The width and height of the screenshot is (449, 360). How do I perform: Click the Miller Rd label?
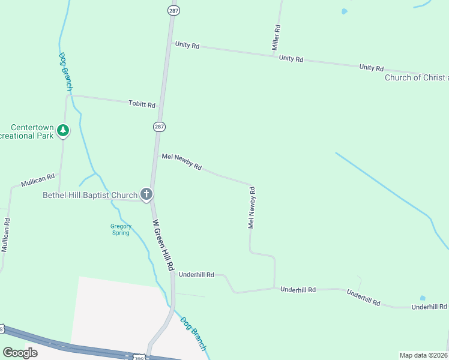[276, 37]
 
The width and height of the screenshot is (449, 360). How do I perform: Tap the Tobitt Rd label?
[142, 104]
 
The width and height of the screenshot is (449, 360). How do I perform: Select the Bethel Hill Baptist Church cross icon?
[146, 194]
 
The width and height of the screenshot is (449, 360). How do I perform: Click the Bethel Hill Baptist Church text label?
[90, 195]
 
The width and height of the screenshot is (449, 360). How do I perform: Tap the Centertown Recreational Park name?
[32, 132]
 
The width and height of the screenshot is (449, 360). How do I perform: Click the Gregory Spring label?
[121, 230]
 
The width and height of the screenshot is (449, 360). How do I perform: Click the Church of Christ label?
[416, 77]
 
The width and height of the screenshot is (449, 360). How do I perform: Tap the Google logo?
[20, 353]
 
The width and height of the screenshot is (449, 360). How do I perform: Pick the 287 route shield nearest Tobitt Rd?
[158, 127]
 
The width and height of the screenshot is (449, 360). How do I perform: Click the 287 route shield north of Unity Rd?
[172, 11]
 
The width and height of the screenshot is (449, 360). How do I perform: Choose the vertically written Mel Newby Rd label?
[252, 208]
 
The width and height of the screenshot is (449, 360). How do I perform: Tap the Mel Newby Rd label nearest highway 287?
[181, 161]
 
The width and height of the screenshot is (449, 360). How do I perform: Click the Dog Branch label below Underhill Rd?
[193, 334]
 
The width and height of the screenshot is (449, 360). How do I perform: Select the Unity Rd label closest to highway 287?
[187, 45]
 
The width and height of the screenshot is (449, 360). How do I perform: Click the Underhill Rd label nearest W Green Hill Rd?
[196, 275]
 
